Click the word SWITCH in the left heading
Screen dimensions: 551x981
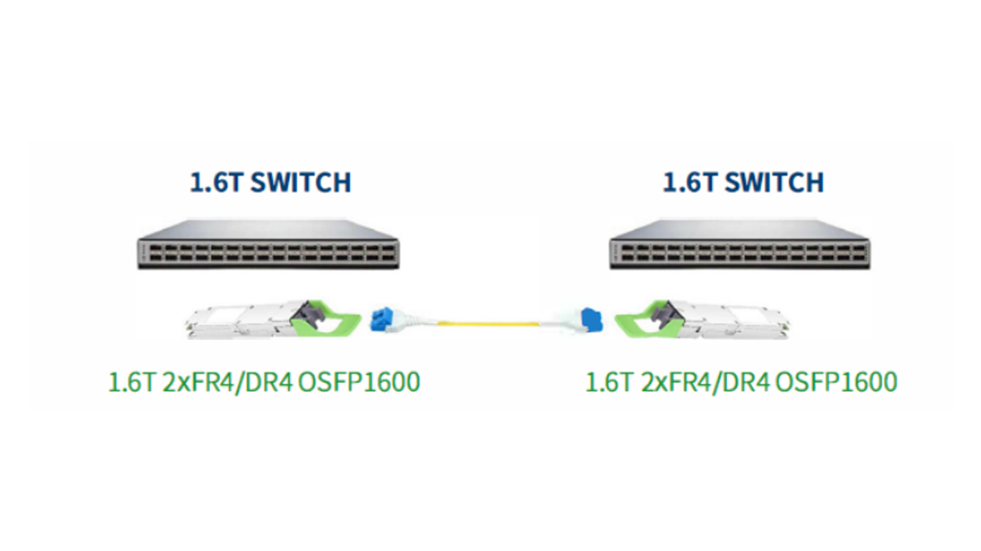(x=300, y=182)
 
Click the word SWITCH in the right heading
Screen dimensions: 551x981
(x=773, y=182)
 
